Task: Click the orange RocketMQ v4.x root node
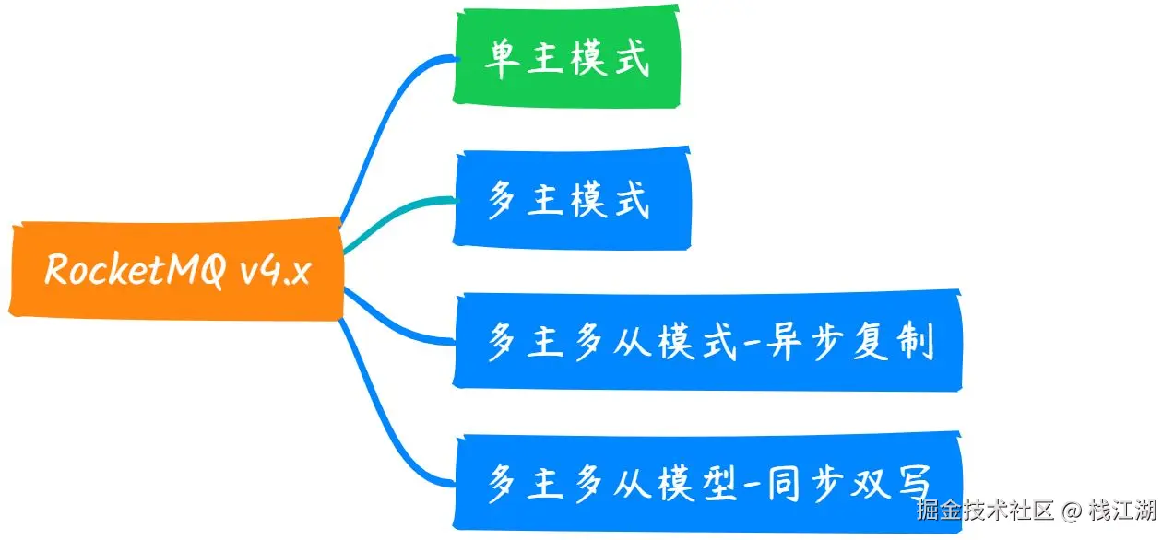[x=176, y=271]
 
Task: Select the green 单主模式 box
[x=566, y=59]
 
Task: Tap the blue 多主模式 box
[x=571, y=199]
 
